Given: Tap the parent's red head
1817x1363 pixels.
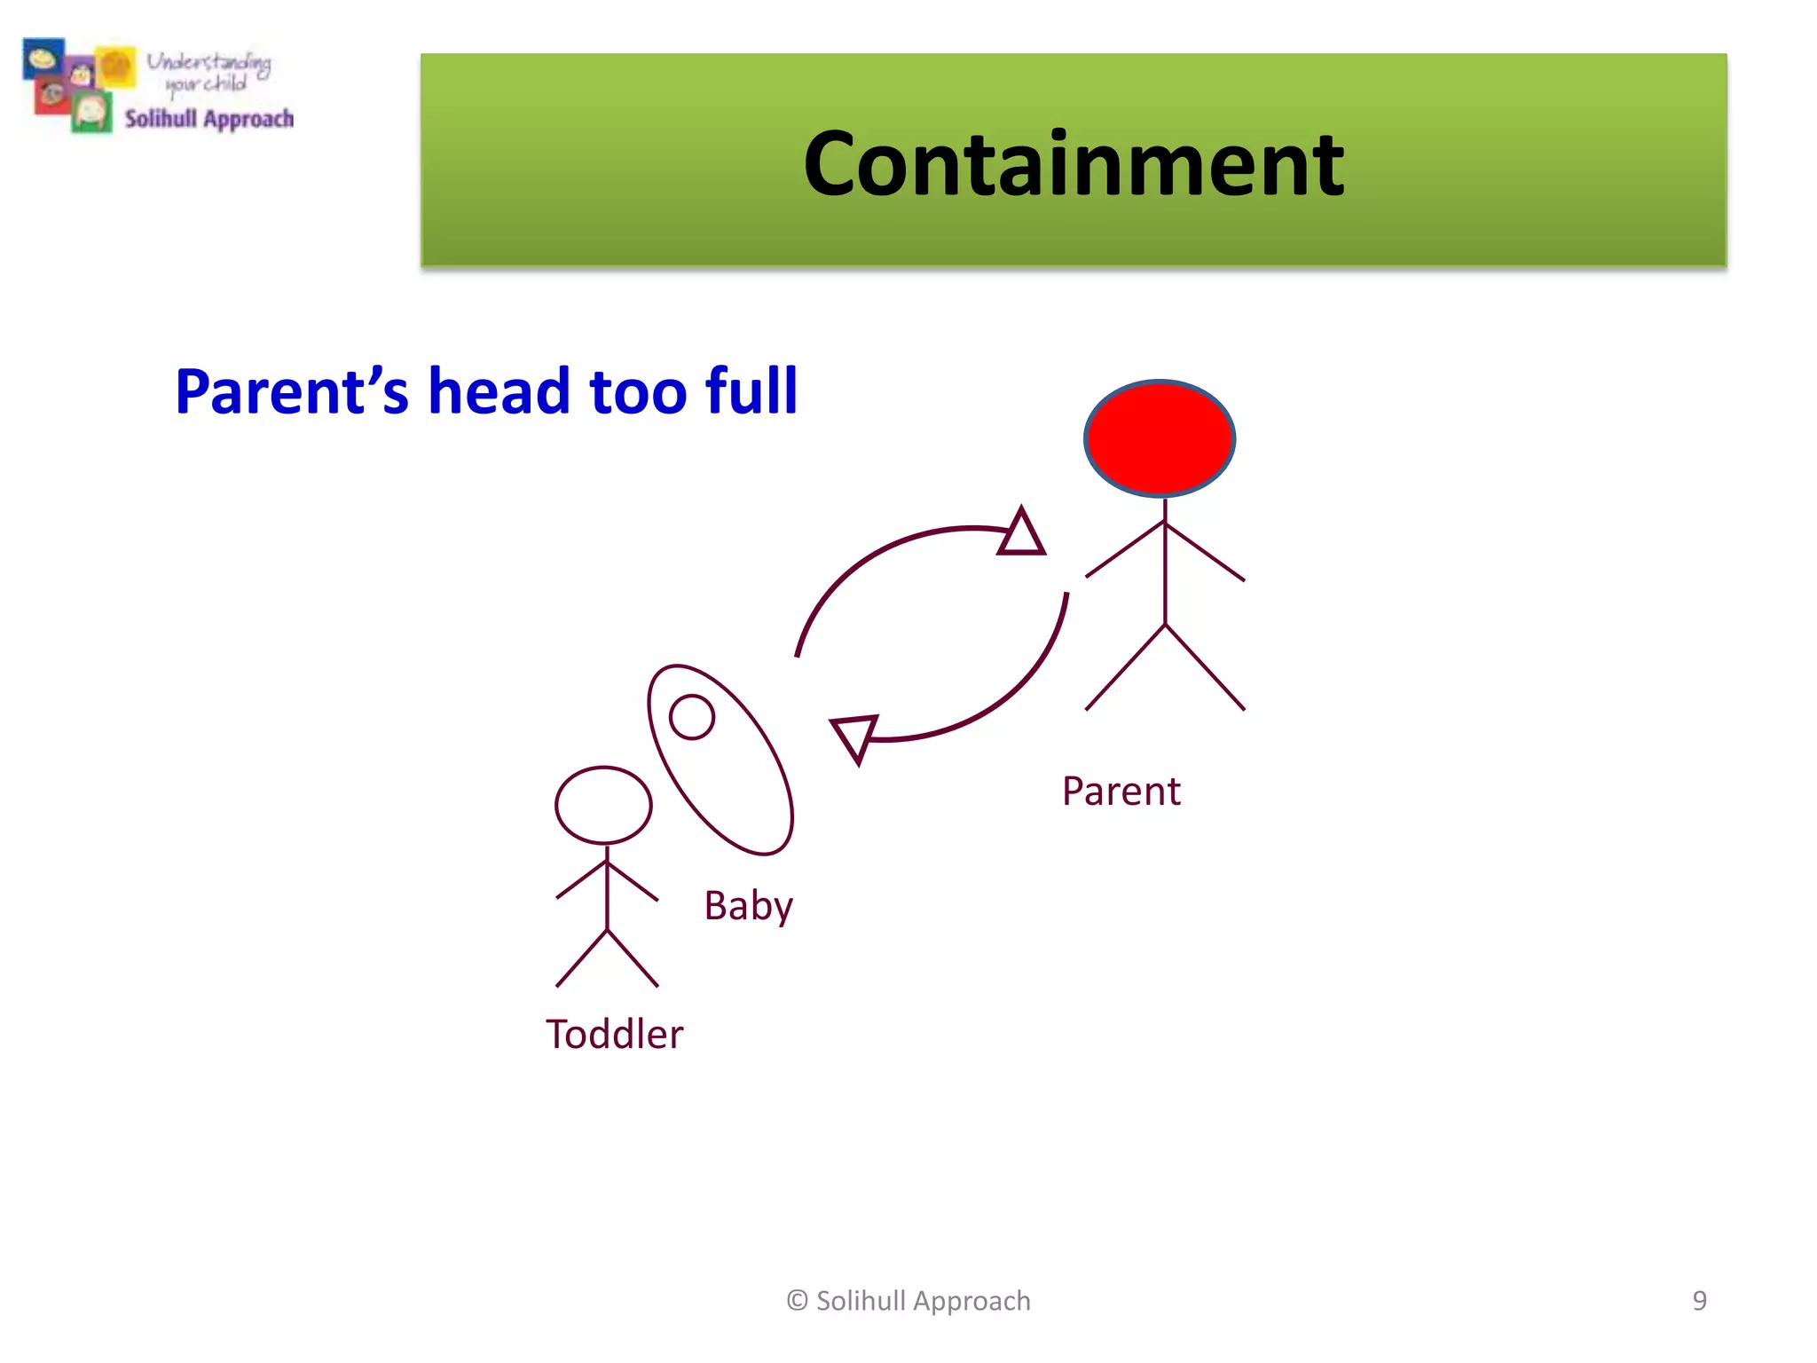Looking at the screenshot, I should (x=1160, y=438).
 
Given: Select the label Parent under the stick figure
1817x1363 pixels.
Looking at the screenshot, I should (x=1121, y=791).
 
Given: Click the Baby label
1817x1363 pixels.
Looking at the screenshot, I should (x=748, y=906).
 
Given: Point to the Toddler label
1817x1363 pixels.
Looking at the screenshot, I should (x=614, y=1035).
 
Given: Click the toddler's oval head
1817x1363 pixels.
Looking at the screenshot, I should (x=603, y=805).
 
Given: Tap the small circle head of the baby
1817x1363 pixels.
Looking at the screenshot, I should (x=692, y=717).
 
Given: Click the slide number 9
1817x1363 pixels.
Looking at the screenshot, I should (x=1699, y=1301).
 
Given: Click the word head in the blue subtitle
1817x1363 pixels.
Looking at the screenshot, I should (x=499, y=391).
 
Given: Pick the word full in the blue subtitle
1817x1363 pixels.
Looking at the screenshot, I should (x=751, y=391).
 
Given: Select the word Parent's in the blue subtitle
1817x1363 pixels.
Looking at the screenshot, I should (x=292, y=391).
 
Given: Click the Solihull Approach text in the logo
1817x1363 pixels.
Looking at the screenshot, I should (x=208, y=119).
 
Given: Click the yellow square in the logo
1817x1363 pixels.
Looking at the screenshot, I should (x=116, y=67).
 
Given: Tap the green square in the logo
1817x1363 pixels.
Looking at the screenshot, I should (x=91, y=114).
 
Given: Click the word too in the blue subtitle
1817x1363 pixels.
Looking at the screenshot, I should (x=637, y=391).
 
